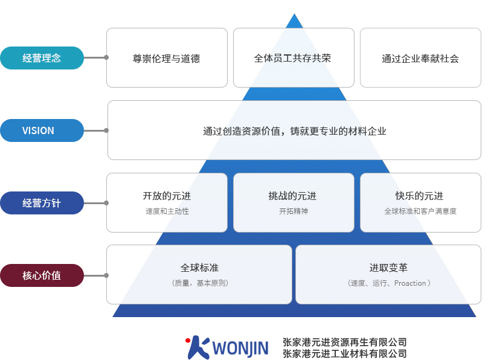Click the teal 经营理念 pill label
click(42, 58)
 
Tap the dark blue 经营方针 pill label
click(42, 203)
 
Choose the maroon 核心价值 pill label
click(42, 275)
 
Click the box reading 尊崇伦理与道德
click(167, 59)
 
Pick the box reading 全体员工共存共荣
click(293, 59)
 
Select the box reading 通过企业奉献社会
click(420, 59)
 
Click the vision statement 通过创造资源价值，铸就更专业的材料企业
click(294, 131)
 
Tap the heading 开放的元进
click(167, 196)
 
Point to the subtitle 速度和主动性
click(167, 211)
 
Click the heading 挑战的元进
click(293, 196)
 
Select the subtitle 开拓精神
click(293, 211)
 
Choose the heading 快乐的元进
click(420, 196)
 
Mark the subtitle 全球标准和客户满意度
click(420, 211)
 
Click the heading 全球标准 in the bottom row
click(199, 268)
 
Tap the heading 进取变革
click(388, 268)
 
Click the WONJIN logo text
click(240, 349)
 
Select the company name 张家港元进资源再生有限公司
click(344, 342)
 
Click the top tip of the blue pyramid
click(294, 16)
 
